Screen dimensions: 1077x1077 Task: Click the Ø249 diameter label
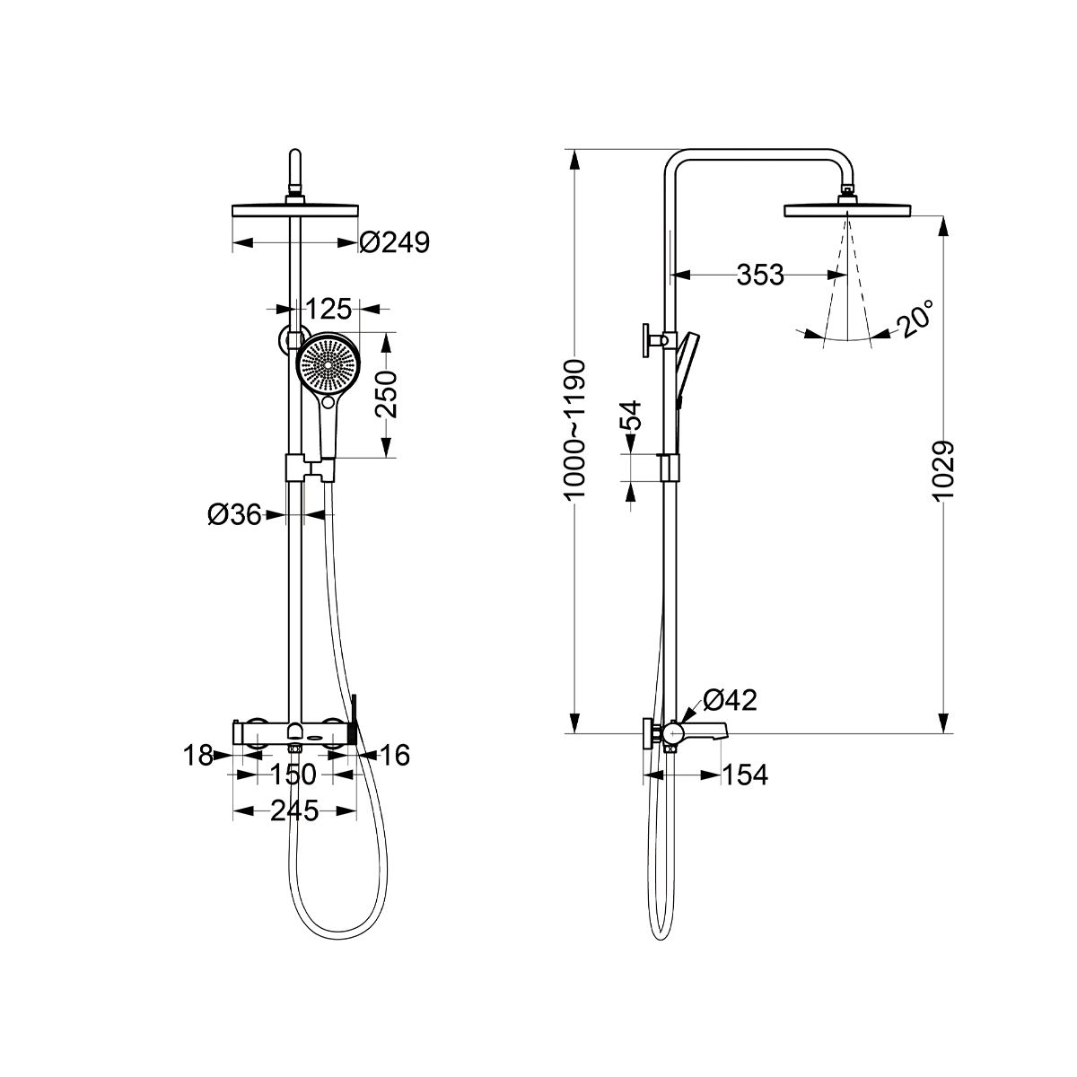(x=395, y=242)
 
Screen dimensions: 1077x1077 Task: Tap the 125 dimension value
(x=329, y=309)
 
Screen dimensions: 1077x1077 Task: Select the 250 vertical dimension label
(x=386, y=394)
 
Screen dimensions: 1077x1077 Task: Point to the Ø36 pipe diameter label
(x=235, y=515)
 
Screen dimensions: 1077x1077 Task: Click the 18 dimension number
(x=198, y=755)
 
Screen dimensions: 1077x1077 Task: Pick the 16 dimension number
(x=395, y=755)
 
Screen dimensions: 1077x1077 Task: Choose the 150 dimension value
(x=293, y=775)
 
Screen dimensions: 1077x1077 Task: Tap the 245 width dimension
(x=294, y=810)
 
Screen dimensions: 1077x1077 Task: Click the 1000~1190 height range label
(x=574, y=429)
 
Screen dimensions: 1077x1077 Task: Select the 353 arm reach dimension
(x=760, y=275)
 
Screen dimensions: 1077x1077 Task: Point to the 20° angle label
(x=915, y=319)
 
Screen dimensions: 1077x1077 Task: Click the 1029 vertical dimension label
(x=943, y=471)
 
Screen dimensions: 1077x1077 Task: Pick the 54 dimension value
(x=632, y=415)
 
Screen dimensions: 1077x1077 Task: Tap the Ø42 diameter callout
(x=730, y=700)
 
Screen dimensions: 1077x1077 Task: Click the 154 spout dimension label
(x=746, y=775)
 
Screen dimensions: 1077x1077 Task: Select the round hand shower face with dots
(x=328, y=365)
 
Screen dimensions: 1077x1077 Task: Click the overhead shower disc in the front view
(x=295, y=211)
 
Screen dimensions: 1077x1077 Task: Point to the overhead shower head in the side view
(x=848, y=210)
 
